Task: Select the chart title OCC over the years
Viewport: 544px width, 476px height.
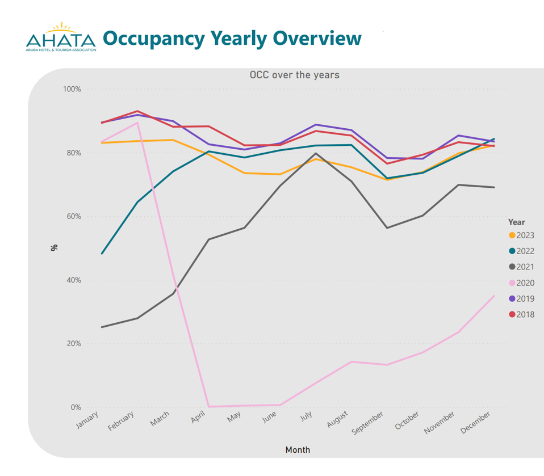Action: (295, 75)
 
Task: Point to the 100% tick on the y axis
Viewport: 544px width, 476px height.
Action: (72, 90)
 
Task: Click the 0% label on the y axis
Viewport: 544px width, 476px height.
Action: (76, 407)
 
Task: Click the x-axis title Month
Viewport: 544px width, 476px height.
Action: (298, 450)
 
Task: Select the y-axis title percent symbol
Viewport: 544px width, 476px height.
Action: (55, 247)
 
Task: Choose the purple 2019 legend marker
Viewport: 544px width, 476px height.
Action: (512, 299)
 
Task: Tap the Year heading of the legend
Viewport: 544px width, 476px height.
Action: (516, 222)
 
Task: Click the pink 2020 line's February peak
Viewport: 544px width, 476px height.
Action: (137, 123)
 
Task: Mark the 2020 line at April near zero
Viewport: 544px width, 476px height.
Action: (209, 406)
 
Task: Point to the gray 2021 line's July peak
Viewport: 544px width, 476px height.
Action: (316, 153)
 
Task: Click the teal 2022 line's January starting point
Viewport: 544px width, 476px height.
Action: (102, 253)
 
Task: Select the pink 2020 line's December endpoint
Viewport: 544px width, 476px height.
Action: (494, 296)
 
